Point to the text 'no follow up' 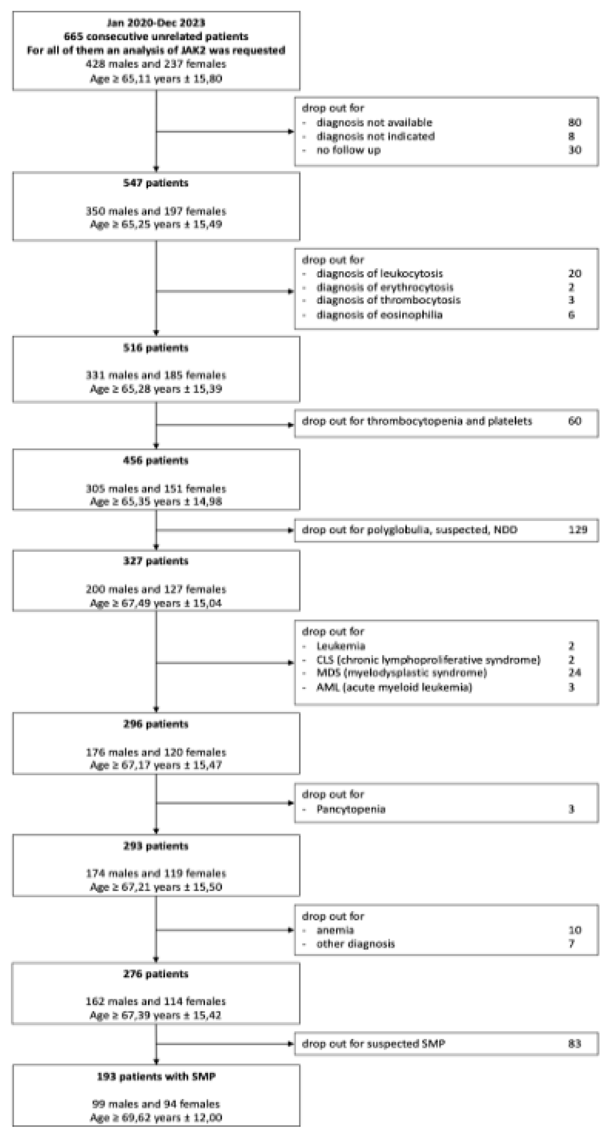tap(349, 150)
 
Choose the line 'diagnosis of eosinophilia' tap(379, 315)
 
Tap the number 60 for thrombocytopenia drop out tap(574, 421)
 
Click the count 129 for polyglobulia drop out tap(577, 529)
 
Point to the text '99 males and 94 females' tap(156, 1104)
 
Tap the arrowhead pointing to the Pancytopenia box tap(291, 803)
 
